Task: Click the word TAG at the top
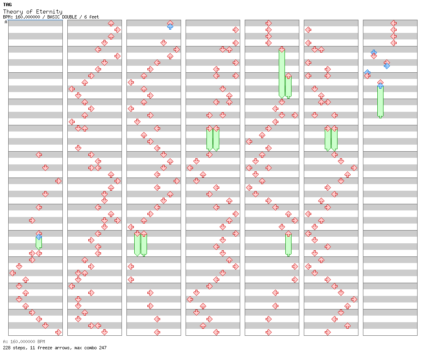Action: pyautogui.click(x=7, y=5)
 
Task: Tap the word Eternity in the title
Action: pyautogui.click(x=49, y=12)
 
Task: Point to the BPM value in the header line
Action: pyautogui.click(x=28, y=17)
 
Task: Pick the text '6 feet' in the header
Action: pyautogui.click(x=92, y=17)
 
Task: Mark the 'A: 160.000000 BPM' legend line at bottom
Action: pyautogui.click(x=24, y=342)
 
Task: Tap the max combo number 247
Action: pyautogui.click(x=103, y=348)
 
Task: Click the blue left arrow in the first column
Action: pyautogui.click(x=39, y=237)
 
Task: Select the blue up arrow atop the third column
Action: pyautogui.click(x=170, y=26)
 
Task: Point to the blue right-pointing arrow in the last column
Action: pyautogui.click(x=387, y=66)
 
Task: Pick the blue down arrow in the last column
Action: pyautogui.click(x=374, y=52)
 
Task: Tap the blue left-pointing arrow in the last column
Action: pyautogui.click(x=367, y=72)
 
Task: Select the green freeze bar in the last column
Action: pyautogui.click(x=381, y=102)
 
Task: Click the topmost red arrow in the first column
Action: pyautogui.click(x=39, y=155)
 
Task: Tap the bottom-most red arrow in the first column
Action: pyautogui.click(x=58, y=332)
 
